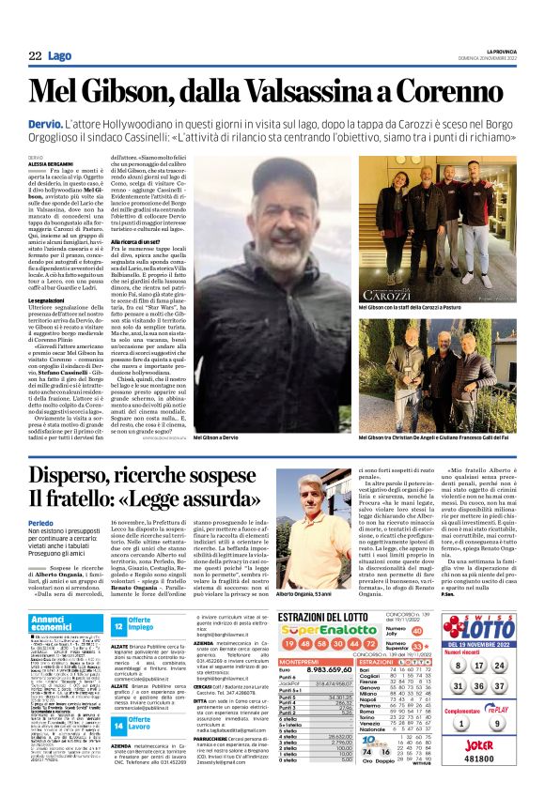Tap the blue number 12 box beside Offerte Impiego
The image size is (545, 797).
coord(119,626)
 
